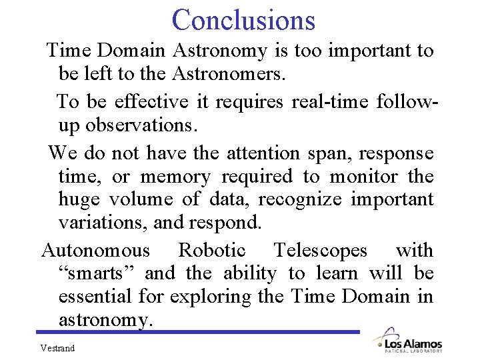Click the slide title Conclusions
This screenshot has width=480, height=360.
click(243, 19)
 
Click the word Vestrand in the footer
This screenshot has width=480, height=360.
click(57, 348)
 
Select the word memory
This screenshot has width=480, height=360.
click(175, 177)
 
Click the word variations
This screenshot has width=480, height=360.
click(102, 222)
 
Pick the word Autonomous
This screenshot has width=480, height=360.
click(96, 251)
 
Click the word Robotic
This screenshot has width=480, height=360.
click(212, 251)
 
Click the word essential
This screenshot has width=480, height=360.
click(95, 296)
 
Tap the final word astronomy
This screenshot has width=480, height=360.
click(105, 319)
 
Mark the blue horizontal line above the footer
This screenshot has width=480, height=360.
click(200, 331)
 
